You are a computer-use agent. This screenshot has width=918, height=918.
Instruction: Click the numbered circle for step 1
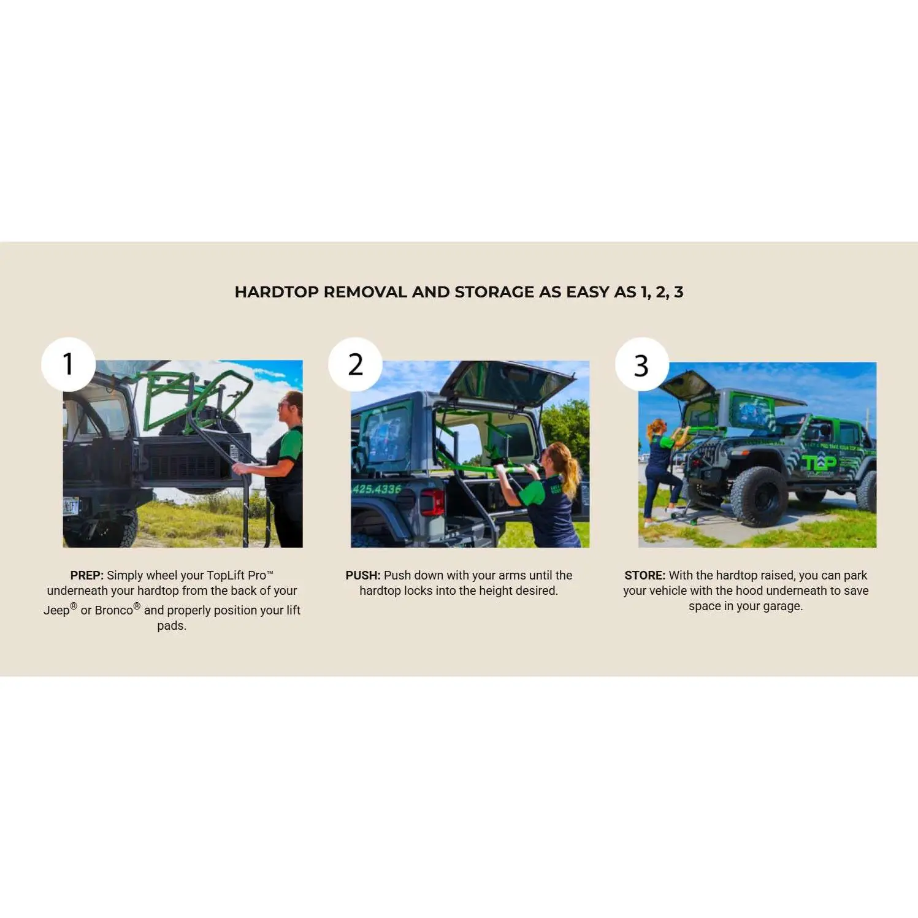tap(68, 364)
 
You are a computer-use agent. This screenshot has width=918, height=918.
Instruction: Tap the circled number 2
tap(355, 364)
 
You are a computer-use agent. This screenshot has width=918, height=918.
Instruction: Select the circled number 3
tap(641, 364)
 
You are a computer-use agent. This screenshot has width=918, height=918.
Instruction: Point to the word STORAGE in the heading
tap(495, 292)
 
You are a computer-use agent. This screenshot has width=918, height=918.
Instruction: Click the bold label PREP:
tap(87, 575)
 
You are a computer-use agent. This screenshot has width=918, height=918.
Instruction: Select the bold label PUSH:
tap(363, 575)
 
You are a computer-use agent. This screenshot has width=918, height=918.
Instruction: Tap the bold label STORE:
tap(645, 575)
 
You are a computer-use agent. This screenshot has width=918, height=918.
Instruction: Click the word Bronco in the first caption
tap(114, 610)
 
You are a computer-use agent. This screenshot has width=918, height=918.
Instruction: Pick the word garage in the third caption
tap(782, 606)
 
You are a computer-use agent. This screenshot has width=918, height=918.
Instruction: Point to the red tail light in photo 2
tap(432, 502)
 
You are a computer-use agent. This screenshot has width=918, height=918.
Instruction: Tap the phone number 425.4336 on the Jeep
tap(377, 489)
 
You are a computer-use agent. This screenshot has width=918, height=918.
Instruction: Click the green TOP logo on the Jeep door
tap(819, 464)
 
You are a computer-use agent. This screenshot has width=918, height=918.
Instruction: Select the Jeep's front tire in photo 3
tap(759, 496)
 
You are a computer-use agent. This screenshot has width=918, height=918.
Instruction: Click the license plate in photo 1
tap(71, 507)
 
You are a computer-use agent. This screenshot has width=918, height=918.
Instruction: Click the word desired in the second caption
tap(537, 591)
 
